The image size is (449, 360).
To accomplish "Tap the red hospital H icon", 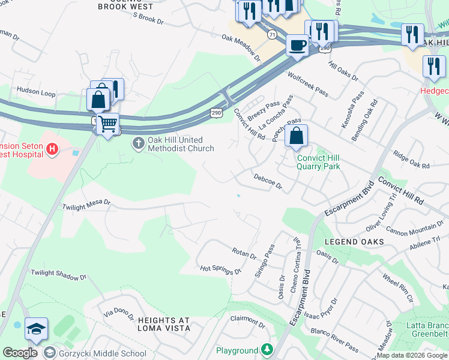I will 52,148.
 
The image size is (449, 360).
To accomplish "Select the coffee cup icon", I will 297,45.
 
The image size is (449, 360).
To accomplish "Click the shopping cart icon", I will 107,124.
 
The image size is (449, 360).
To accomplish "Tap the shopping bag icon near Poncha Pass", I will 297,136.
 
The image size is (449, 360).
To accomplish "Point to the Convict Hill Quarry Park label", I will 318,163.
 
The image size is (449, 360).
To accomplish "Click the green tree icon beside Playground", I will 266,350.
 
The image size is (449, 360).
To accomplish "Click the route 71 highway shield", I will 273,35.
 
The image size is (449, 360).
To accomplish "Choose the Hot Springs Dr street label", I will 220,269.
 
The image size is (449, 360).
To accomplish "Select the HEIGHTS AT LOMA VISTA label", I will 155,324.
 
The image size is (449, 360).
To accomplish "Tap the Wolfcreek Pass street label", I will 308,84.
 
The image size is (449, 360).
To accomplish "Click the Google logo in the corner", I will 20,353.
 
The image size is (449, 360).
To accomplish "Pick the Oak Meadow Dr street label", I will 241,48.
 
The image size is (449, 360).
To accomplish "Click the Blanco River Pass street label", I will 334,339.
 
